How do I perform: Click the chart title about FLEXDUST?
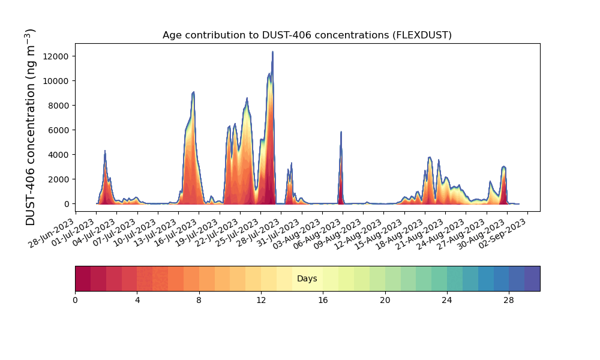(x=307, y=35)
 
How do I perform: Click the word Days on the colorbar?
(x=307, y=279)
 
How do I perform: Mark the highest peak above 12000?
(x=272, y=52)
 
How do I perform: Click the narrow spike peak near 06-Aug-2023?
(x=341, y=132)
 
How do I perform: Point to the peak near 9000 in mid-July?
(x=193, y=92)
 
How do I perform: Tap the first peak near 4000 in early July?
(x=105, y=151)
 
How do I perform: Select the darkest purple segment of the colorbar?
(x=532, y=278)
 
